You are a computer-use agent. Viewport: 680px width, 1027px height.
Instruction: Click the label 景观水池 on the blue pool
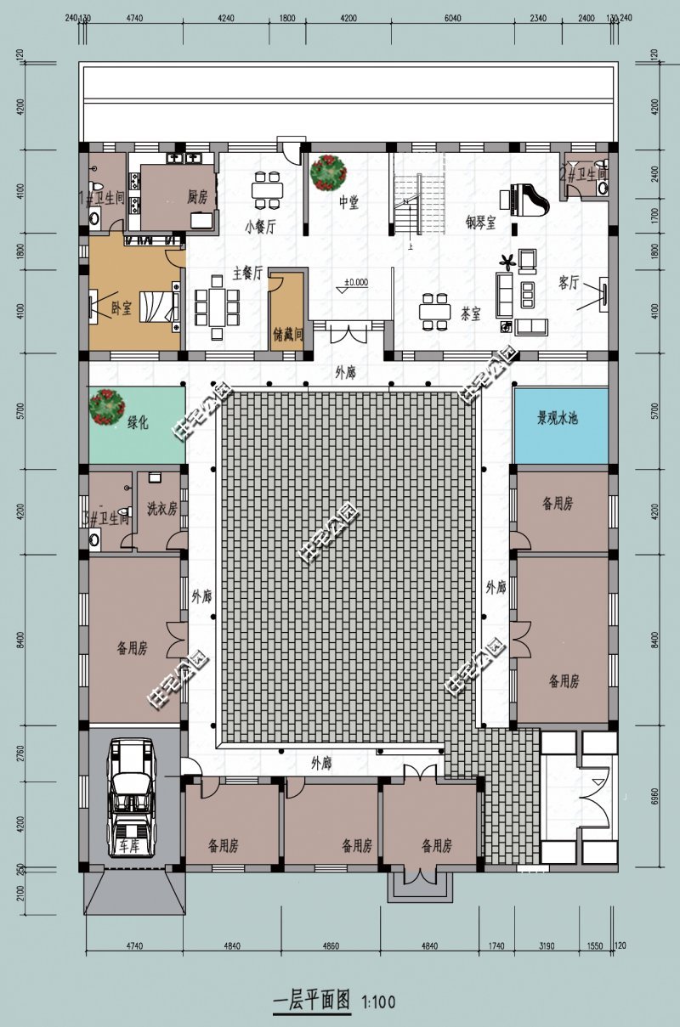coord(557,418)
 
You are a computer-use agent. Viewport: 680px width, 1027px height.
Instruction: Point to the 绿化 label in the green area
coord(137,422)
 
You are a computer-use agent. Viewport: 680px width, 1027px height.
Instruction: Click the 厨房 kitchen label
coord(197,197)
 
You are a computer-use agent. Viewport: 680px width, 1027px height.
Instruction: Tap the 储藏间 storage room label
coord(286,335)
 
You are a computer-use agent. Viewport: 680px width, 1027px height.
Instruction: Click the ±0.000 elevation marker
coord(354,283)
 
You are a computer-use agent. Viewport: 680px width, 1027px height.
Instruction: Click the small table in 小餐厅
coord(267,189)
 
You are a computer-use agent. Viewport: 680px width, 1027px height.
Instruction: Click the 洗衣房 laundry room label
coord(161,509)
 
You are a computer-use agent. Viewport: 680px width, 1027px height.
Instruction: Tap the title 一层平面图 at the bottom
coord(310,1001)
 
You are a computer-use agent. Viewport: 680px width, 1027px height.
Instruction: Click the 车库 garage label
coord(128,846)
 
